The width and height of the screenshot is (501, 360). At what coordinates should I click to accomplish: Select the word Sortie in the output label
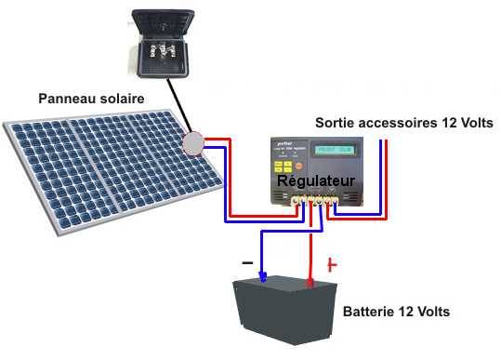336,123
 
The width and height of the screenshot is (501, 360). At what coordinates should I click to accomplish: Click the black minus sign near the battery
246,261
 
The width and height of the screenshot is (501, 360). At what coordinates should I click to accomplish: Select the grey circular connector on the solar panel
192,144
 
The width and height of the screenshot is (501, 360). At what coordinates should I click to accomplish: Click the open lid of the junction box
164,20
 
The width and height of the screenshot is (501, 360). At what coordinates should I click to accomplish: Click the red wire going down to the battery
310,247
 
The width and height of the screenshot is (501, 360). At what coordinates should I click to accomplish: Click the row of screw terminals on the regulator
310,199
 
